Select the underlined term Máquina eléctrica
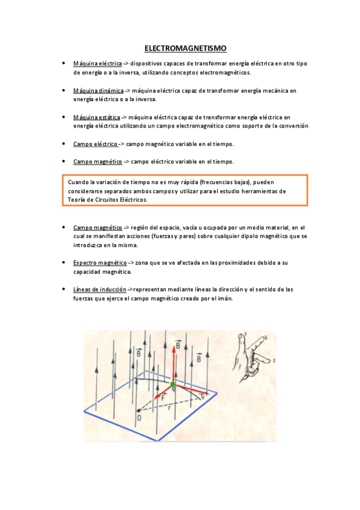click(97, 63)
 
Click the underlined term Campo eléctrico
click(96, 144)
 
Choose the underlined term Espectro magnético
click(100, 263)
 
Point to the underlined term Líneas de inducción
click(100, 289)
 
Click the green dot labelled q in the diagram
click(173, 384)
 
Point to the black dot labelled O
click(138, 410)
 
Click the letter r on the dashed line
click(169, 407)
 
